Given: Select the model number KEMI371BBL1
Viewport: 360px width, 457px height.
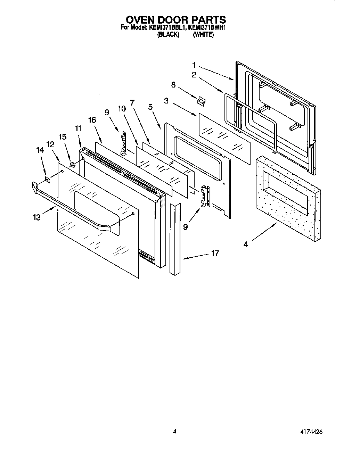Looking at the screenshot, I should (x=165, y=27).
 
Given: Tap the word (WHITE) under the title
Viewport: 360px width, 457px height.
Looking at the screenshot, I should (x=203, y=34).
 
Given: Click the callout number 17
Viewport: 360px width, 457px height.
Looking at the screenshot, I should (x=215, y=253).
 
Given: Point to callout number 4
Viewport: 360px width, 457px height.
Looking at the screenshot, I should (x=246, y=244).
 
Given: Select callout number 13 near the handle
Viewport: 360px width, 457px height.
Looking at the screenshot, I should (x=36, y=217).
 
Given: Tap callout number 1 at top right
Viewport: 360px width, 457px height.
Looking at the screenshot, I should (x=194, y=65).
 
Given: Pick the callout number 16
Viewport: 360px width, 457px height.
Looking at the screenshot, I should (x=92, y=120).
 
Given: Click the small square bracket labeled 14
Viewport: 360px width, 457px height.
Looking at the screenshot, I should (x=48, y=179).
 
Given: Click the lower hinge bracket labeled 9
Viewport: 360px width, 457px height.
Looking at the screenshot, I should (x=205, y=197).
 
